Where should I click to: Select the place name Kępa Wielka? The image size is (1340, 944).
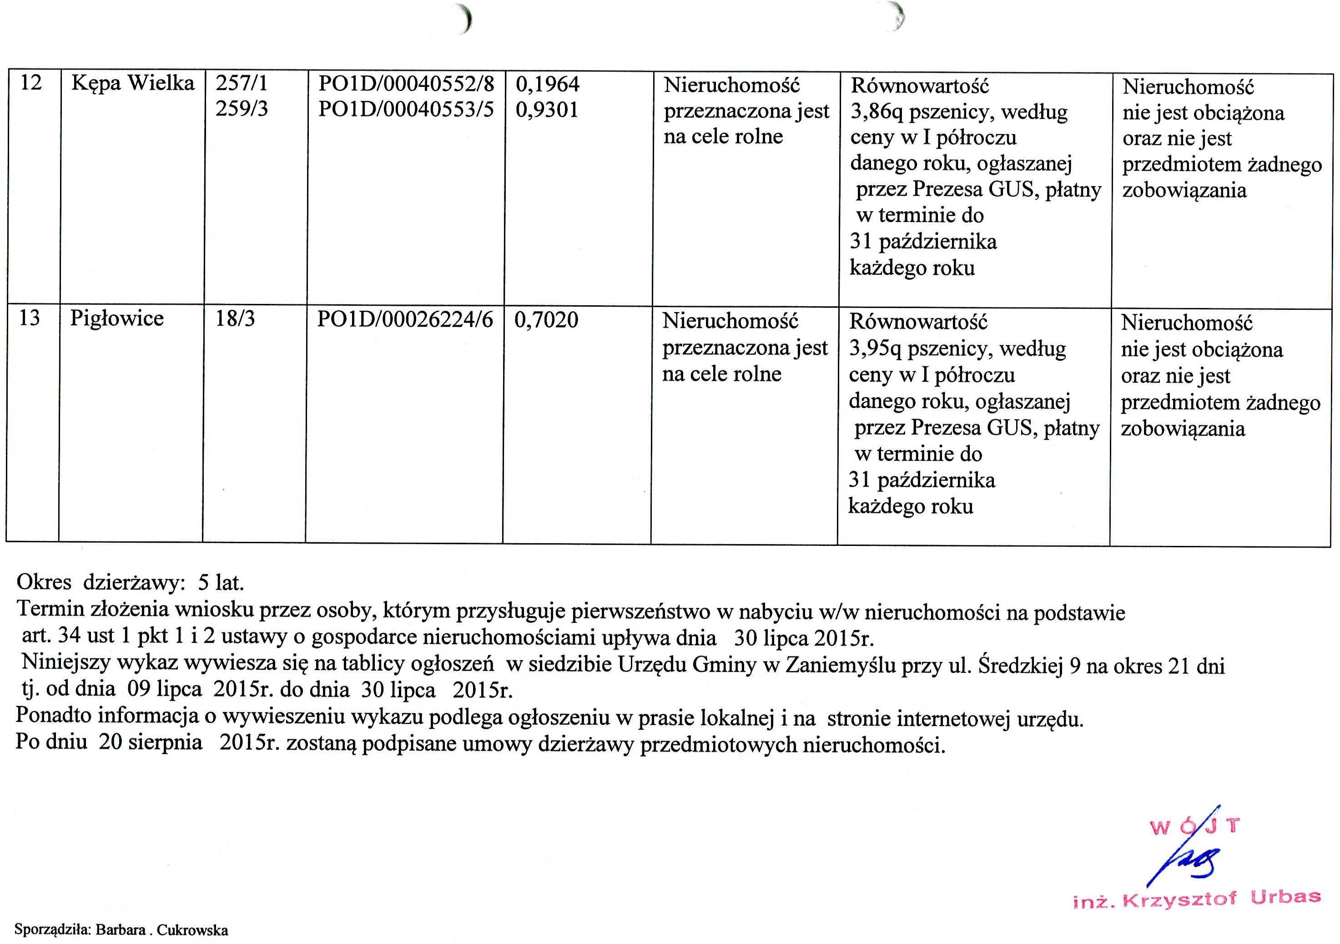(x=132, y=84)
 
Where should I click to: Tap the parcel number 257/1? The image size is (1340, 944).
(x=242, y=84)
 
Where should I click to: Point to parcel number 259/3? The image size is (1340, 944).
(x=242, y=109)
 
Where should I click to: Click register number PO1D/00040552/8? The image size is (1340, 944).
(x=406, y=84)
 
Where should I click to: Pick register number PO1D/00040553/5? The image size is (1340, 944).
(x=406, y=110)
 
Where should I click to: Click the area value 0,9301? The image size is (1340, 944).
(x=547, y=110)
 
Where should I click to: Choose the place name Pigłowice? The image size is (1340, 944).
(x=117, y=319)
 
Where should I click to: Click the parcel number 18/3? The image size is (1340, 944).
(x=235, y=319)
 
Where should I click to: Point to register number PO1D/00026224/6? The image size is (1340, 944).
(x=404, y=319)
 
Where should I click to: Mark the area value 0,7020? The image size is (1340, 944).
(x=546, y=320)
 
